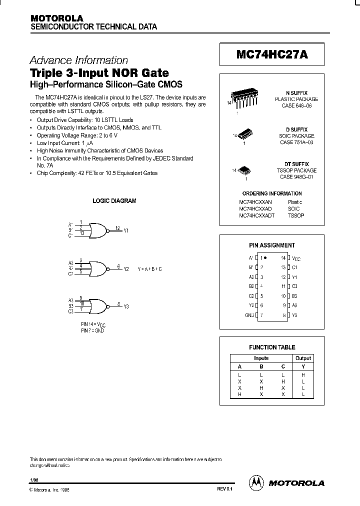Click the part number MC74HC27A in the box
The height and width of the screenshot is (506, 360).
(272, 56)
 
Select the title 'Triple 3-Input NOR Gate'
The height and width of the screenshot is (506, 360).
(99, 72)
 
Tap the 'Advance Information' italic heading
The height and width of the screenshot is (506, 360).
(79, 60)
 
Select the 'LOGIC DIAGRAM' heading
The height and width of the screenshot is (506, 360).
(114, 201)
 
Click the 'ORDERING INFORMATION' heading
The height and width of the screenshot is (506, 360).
(272, 193)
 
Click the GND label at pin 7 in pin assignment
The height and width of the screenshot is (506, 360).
(249, 315)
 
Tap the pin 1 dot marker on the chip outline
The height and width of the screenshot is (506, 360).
(264, 257)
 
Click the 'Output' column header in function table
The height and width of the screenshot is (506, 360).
(303, 358)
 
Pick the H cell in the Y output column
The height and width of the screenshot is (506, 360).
(303, 374)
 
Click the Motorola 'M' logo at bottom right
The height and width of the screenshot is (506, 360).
(256, 482)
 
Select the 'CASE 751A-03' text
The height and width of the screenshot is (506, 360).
(297, 142)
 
